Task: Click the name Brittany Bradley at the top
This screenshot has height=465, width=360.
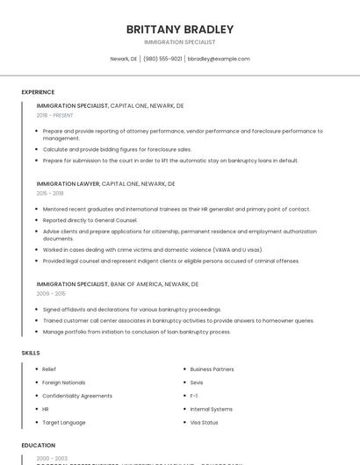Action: tap(179, 29)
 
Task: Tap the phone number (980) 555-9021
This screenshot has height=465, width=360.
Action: tap(162, 59)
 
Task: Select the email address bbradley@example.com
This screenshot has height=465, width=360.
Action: tap(219, 59)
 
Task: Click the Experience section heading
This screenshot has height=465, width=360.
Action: tap(38, 92)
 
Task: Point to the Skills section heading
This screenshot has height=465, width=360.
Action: tap(31, 353)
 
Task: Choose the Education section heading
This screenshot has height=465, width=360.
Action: tap(39, 445)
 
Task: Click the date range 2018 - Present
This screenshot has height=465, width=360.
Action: tap(55, 115)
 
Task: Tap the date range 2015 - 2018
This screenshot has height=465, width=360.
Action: tap(50, 193)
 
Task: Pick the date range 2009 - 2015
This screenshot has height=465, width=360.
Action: tap(50, 294)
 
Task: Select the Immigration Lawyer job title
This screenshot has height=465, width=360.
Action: tap(68, 184)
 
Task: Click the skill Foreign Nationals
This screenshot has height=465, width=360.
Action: tap(64, 383)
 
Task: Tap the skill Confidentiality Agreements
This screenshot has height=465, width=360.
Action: tap(77, 396)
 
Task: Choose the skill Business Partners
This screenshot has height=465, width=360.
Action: tap(212, 369)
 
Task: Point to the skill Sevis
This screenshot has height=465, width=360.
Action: tap(197, 383)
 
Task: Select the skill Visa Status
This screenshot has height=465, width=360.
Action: tap(204, 422)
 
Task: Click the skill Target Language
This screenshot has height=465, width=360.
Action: tap(64, 422)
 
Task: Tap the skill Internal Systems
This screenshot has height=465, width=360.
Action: tap(211, 409)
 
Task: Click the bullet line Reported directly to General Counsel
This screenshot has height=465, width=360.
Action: tap(90, 220)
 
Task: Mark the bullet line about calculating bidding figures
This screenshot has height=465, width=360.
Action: tap(117, 149)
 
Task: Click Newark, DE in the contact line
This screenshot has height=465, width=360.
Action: tap(124, 59)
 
